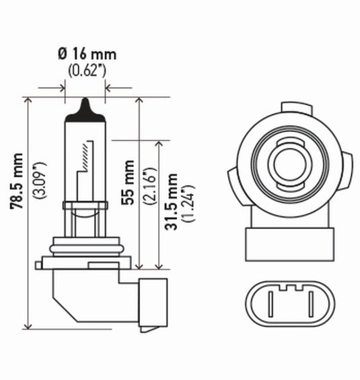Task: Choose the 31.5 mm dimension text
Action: [174, 201]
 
